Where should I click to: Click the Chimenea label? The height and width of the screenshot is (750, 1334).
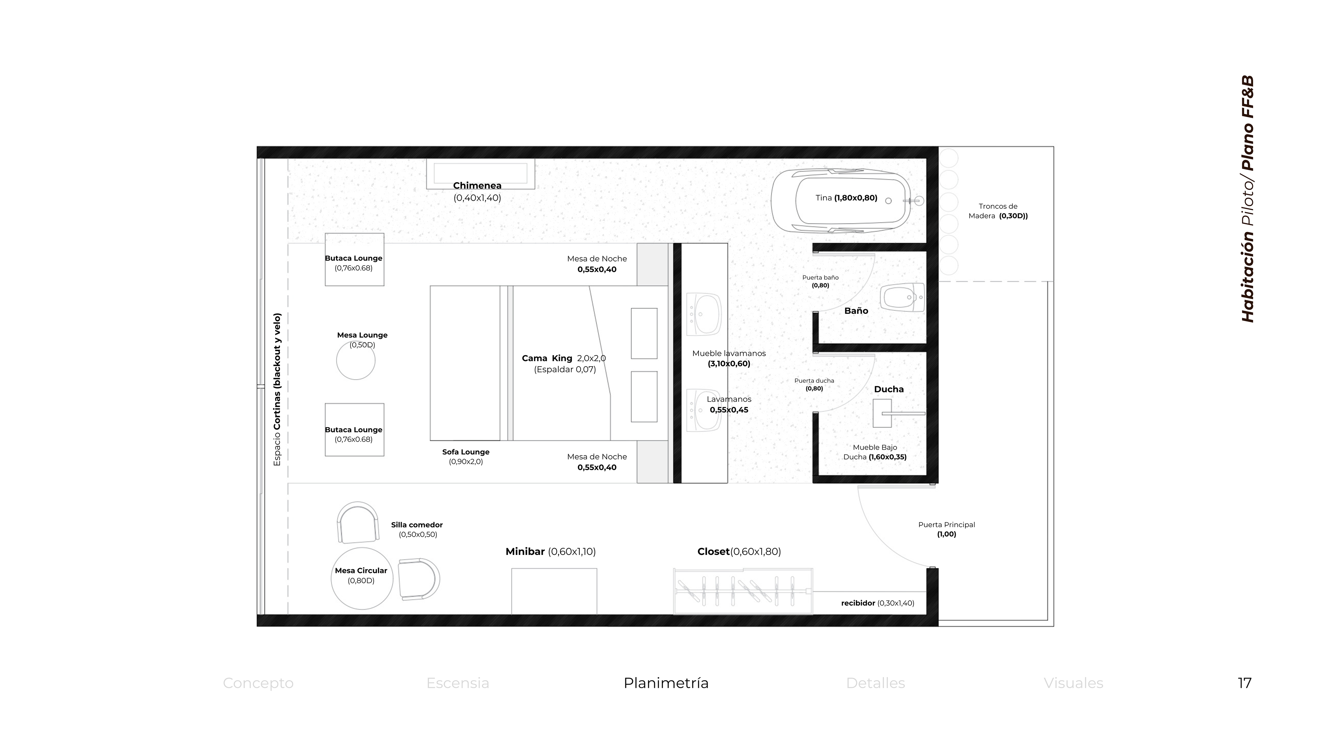pyautogui.click(x=477, y=185)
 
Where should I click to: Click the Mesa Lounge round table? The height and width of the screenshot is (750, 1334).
pyautogui.click(x=356, y=361)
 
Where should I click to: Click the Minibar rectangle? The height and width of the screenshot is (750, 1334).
pyautogui.click(x=554, y=591)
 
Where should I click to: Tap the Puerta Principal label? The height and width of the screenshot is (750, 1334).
pyautogui.click(x=947, y=529)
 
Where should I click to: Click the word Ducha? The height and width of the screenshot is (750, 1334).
pyautogui.click(x=889, y=389)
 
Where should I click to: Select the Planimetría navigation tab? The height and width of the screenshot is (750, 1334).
pyautogui.click(x=666, y=683)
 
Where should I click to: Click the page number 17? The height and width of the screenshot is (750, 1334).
pyautogui.click(x=1244, y=683)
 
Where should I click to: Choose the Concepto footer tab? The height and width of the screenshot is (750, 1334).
pyautogui.click(x=258, y=683)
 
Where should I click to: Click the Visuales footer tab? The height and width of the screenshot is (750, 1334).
pyautogui.click(x=1073, y=683)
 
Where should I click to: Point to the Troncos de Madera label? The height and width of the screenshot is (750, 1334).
pyautogui.click(x=998, y=211)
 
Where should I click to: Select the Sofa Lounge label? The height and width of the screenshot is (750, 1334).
pyautogui.click(x=466, y=457)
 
